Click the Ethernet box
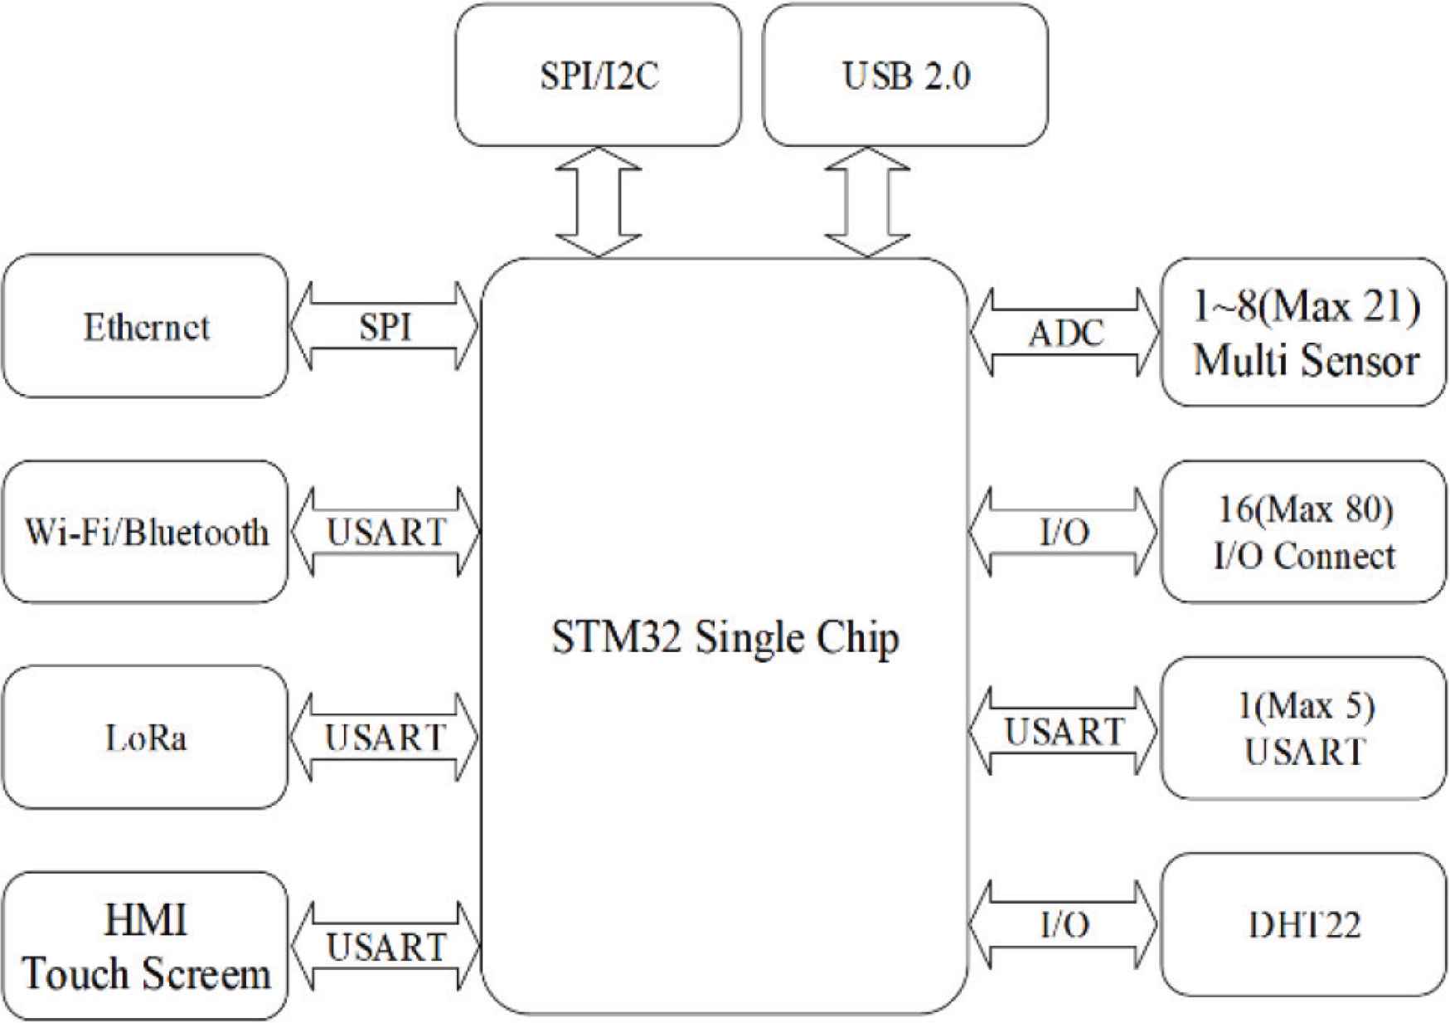pos(145,326)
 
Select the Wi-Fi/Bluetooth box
pos(145,532)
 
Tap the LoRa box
pos(145,737)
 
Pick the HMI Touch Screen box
pos(145,946)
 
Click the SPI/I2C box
pos(598,76)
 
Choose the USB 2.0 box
pos(904,76)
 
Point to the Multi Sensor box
pos(1304,333)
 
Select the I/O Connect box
pos(1304,532)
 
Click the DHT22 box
pos(1304,924)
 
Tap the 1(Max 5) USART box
pos(1304,728)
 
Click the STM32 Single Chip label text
pos(725,638)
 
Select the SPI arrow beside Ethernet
pos(385,326)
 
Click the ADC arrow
pos(1064,333)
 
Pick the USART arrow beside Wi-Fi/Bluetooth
pos(386,532)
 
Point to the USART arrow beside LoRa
pos(385,737)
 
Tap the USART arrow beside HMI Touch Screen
pos(386,947)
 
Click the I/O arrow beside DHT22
pos(1064,924)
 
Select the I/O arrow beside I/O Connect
pos(1064,532)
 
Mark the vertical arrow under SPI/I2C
pos(598,202)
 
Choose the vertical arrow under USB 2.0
pos(867,202)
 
